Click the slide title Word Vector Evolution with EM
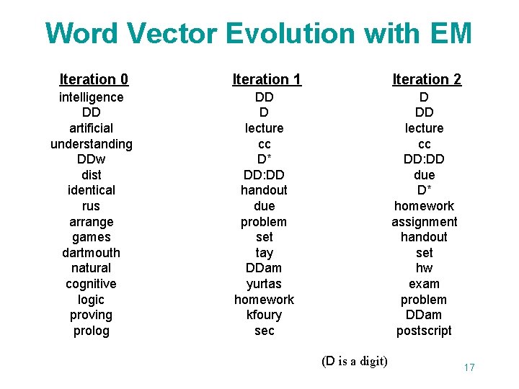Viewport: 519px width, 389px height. coord(258,34)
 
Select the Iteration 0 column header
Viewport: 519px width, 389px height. coord(94,79)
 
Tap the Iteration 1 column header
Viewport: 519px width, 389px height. coord(267,79)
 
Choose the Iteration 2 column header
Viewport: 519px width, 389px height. coord(427,79)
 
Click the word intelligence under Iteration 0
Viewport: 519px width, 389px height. coord(91,97)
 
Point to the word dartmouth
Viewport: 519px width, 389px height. coord(91,253)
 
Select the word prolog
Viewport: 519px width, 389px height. coord(91,331)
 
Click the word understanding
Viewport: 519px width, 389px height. coord(91,144)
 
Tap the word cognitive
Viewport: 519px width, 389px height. coord(91,284)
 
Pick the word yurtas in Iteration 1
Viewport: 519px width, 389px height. coord(264,284)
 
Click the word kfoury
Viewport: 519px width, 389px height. coord(264,315)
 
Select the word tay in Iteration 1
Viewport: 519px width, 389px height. coord(264,253)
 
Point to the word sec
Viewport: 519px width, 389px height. coord(264,331)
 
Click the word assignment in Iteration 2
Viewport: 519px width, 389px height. coord(424,222)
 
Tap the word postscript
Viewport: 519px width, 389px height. coord(424,331)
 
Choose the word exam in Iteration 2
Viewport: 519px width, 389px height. coord(424,284)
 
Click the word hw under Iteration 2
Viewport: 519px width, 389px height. coord(424,268)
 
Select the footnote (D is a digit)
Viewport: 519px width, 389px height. coord(354,361)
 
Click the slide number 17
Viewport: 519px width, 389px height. coord(469,368)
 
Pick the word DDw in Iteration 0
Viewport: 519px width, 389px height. coord(91,159)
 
